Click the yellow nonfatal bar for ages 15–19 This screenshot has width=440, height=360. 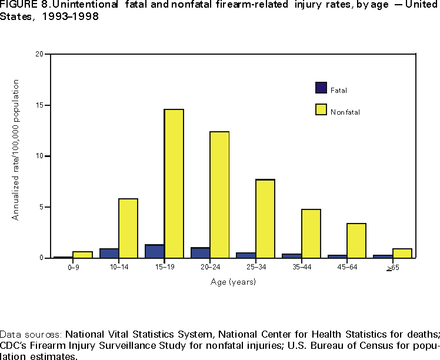(x=174, y=184)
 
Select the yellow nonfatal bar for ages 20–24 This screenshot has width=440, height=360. (x=219, y=195)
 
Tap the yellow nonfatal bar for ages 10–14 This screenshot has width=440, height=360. (x=128, y=228)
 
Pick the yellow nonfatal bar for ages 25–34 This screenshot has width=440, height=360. (x=265, y=219)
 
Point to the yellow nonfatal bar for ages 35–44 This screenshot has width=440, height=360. (x=311, y=234)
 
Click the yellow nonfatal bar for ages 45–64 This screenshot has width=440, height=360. (x=356, y=241)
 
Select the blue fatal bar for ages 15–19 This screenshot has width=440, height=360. (x=155, y=251)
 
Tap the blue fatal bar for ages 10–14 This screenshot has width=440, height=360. (x=109, y=253)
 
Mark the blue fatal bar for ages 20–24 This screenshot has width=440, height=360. (x=201, y=252)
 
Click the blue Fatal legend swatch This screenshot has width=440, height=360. (x=321, y=88)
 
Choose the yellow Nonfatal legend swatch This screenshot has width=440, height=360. (x=321, y=109)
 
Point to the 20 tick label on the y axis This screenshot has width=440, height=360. (x=40, y=54)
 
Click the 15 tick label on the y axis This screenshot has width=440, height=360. (x=40, y=105)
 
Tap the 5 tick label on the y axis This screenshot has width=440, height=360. (x=42, y=207)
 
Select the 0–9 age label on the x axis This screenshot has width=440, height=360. (x=73, y=268)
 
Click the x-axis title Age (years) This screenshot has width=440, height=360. (x=234, y=282)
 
